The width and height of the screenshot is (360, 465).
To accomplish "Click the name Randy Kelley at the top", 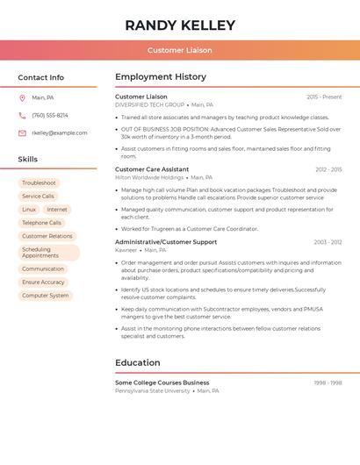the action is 180,25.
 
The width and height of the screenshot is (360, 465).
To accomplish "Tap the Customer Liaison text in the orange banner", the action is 180,50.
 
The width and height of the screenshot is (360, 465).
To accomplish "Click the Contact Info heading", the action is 41,77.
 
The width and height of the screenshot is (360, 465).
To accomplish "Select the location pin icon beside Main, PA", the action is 22,97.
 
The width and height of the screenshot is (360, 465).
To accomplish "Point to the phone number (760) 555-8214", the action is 50,115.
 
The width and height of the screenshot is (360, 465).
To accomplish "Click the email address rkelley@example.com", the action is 60,132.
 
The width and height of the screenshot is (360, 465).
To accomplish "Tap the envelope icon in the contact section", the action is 22,132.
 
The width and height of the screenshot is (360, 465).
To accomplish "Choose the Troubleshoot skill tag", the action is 39,182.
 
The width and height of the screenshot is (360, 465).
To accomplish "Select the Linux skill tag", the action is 29,210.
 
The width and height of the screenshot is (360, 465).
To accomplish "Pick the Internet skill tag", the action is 57,210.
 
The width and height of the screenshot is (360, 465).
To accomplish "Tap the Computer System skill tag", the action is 46,296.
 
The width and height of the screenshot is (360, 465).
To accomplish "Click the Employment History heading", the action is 161,77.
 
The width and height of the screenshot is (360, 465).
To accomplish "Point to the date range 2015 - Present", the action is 324,97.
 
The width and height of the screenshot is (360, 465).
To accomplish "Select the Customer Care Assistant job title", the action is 152,169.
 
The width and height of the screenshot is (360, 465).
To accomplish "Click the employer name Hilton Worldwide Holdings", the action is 149,177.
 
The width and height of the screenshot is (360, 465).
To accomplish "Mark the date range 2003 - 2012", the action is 328,242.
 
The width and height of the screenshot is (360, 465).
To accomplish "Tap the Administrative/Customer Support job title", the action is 166,242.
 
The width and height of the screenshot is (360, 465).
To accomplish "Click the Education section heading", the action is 138,362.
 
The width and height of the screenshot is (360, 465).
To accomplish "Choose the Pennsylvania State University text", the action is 152,390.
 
